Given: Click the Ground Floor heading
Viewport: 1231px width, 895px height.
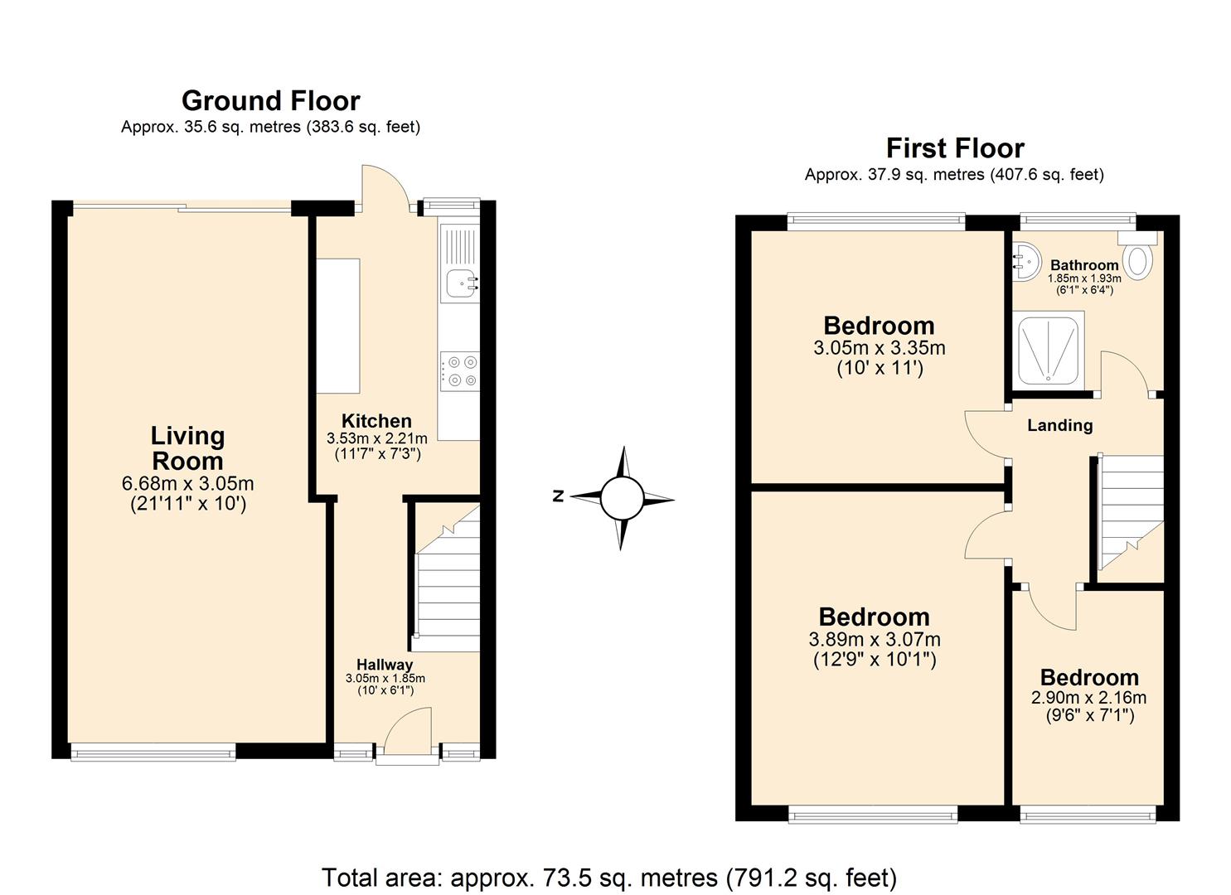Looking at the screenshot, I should [x=270, y=101].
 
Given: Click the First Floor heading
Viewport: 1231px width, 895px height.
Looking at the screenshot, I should [x=955, y=148].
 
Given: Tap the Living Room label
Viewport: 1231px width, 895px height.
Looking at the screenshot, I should [x=188, y=448].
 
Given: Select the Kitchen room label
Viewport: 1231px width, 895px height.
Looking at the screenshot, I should [x=376, y=421].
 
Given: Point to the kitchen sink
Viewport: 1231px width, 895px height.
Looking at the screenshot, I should [x=460, y=283].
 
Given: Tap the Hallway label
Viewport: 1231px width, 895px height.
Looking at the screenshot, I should [x=385, y=665].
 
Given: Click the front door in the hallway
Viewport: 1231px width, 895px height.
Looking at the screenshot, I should [x=406, y=733].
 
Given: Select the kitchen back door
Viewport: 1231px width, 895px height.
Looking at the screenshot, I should [x=383, y=186].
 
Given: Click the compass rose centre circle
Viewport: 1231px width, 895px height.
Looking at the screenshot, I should [x=622, y=498].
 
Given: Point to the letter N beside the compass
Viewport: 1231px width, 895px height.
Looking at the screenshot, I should [x=559, y=496].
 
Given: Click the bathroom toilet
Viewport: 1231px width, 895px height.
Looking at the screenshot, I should [x=1141, y=259].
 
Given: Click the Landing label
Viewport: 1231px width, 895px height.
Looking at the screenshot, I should [x=1059, y=425].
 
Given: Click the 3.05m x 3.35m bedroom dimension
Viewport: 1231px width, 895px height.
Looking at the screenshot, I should [x=879, y=348].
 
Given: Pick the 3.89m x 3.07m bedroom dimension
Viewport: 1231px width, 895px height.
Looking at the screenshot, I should [x=874, y=639].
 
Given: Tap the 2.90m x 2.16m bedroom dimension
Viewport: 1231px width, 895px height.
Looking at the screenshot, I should [x=1088, y=698].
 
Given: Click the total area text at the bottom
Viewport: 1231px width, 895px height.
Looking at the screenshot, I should [x=608, y=877].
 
